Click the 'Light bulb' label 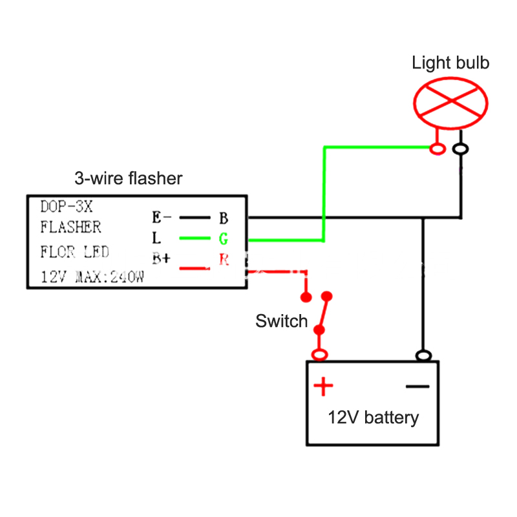pyautogui.click(x=450, y=63)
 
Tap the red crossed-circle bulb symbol pyautogui.click(x=450, y=103)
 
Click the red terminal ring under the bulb pyautogui.click(x=438, y=150)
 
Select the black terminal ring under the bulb pyautogui.click(x=461, y=150)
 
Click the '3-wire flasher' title pyautogui.click(x=129, y=178)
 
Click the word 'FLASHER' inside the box pyautogui.click(x=70, y=227)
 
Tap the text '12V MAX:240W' pyautogui.click(x=92, y=278)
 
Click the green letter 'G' pyautogui.click(x=223, y=239)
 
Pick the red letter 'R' pyautogui.click(x=224, y=260)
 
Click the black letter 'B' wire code pyautogui.click(x=223, y=217)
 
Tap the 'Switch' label pyautogui.click(x=281, y=321)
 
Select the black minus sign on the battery pyautogui.click(x=417, y=386)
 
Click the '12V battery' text pyautogui.click(x=373, y=417)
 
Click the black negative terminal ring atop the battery pyautogui.click(x=423, y=355)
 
